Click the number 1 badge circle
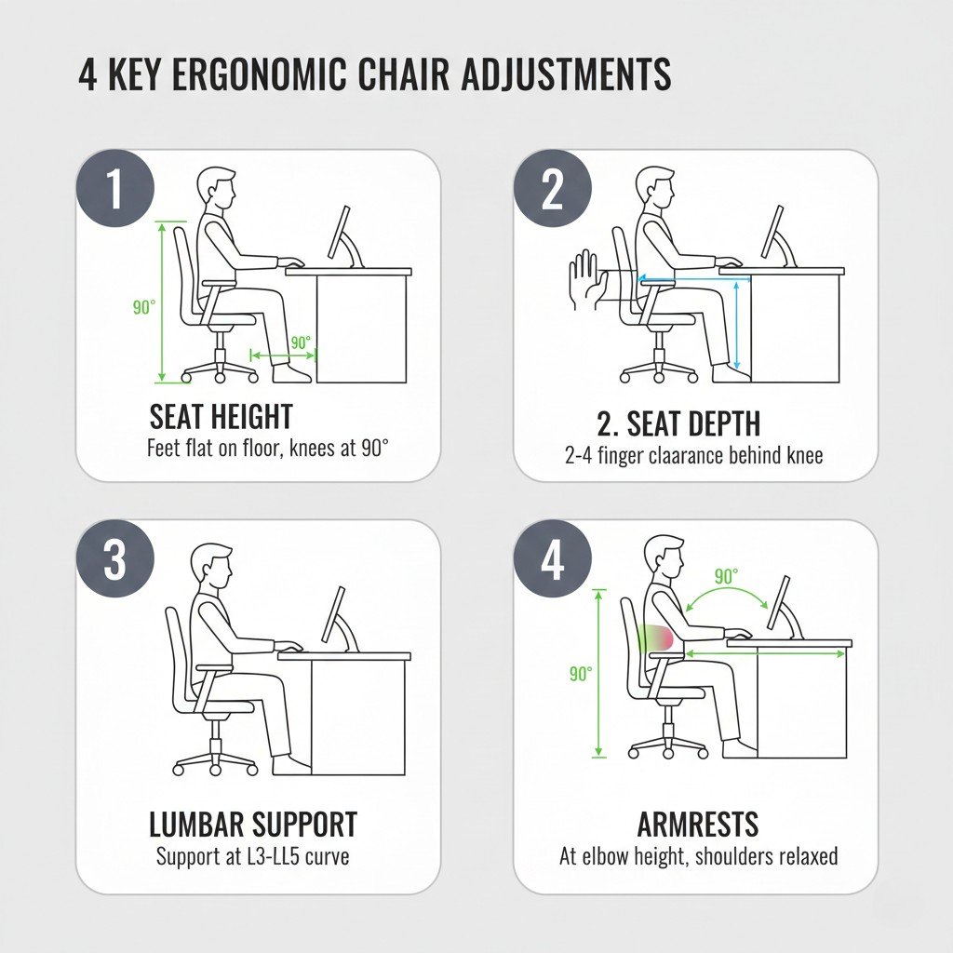point(115,188)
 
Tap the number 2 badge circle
point(553,189)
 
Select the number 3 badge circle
point(114,558)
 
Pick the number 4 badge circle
point(553,558)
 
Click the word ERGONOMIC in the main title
point(260,74)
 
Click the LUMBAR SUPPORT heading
point(253,825)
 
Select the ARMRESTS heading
point(698,825)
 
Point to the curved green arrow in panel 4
point(726,592)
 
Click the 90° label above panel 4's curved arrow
point(726,575)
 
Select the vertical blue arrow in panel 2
point(737,325)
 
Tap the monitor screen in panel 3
point(333,614)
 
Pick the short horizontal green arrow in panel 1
point(284,355)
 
